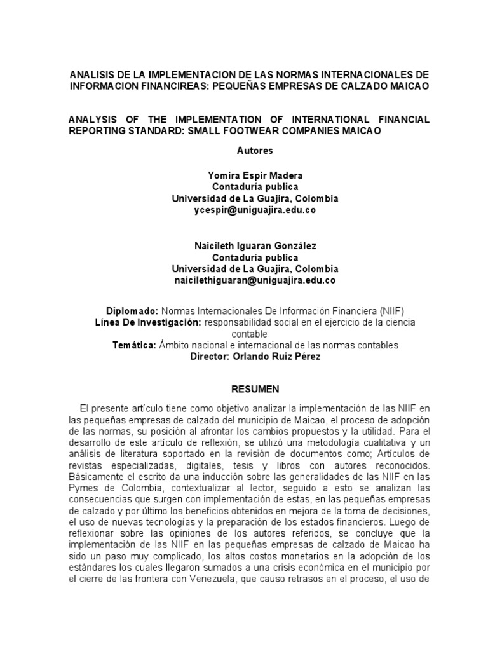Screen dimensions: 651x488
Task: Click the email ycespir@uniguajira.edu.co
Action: [x=255, y=209]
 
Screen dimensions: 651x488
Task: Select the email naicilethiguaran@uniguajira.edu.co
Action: [x=255, y=280]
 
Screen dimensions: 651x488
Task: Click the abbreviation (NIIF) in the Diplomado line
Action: [x=390, y=311]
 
